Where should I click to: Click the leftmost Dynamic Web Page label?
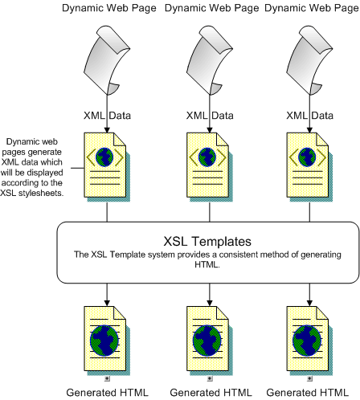[x=109, y=8]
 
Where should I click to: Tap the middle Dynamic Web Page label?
[x=212, y=8]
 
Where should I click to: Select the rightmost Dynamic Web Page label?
[x=312, y=8]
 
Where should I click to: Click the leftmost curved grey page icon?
[x=107, y=60]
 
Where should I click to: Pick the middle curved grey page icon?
[x=210, y=60]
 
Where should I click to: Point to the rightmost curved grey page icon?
[x=309, y=60]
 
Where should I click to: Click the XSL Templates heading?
[x=207, y=241]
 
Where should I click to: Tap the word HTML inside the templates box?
[x=207, y=264]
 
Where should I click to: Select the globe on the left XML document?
[x=104, y=157]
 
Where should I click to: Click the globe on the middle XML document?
[x=207, y=157]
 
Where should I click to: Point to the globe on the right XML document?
[x=307, y=157]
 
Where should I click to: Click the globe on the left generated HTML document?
[x=104, y=341]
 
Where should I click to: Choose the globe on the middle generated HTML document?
[x=207, y=341]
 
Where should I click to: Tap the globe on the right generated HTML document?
[x=307, y=341]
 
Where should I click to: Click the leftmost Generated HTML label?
[x=107, y=393]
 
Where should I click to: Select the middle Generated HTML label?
[x=211, y=393]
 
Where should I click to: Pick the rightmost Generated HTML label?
[x=308, y=393]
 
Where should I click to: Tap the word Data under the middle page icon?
[x=223, y=116]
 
